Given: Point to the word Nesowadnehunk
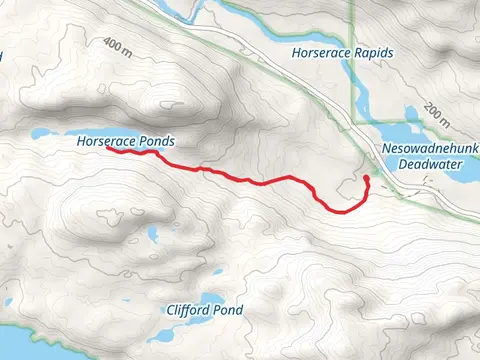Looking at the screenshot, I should (431, 149).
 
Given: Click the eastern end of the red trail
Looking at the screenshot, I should (367, 178).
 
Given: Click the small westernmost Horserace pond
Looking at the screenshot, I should (40, 133).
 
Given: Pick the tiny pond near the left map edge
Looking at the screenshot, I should (9, 300).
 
